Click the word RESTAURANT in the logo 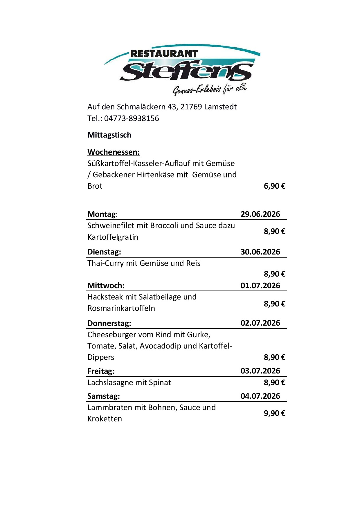[x=164, y=54]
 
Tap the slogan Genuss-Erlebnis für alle [x=210, y=89]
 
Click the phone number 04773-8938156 [x=132, y=118]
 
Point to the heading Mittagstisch [x=109, y=135]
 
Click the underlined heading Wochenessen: [x=113, y=152]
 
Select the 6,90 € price [x=274, y=186]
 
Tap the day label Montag [x=101, y=214]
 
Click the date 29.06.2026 [x=260, y=214]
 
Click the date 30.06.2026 [x=260, y=252]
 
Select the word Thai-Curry [x=105, y=263]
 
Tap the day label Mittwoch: [x=106, y=286]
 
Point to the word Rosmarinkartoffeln [x=121, y=308]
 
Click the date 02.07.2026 [x=260, y=323]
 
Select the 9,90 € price [x=274, y=413]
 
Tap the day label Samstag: [x=103, y=396]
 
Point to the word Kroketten [x=105, y=419]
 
